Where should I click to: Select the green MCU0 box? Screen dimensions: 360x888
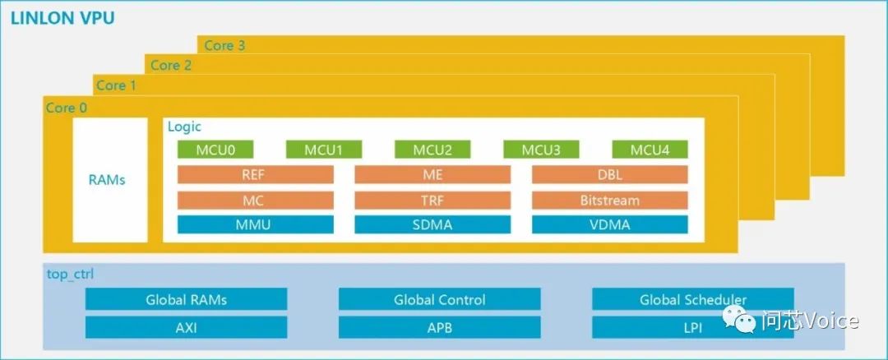coord(215,150)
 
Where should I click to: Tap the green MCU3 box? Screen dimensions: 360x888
coord(541,150)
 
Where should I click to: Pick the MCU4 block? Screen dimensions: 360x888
coord(650,150)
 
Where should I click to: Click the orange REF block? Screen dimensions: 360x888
coord(256,174)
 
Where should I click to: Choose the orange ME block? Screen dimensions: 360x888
coord(432,174)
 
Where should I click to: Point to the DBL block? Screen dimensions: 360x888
coord(609,174)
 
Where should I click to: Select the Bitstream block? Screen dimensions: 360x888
coord(609,200)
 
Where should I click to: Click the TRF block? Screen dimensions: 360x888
coord(432,200)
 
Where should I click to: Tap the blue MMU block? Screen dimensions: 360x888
coord(256,224)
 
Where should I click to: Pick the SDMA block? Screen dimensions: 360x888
coord(432,224)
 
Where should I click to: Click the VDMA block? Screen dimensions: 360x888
coord(609,224)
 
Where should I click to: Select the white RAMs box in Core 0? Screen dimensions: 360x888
coord(110,179)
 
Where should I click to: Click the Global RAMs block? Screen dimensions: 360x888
coord(186,299)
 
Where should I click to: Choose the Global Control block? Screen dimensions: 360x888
coord(439,299)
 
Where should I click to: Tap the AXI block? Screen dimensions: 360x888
coord(186,327)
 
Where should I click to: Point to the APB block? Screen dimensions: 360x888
coord(439,327)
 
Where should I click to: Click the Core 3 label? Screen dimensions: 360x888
coord(224,45)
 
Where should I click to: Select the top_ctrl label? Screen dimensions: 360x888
coord(71,273)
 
